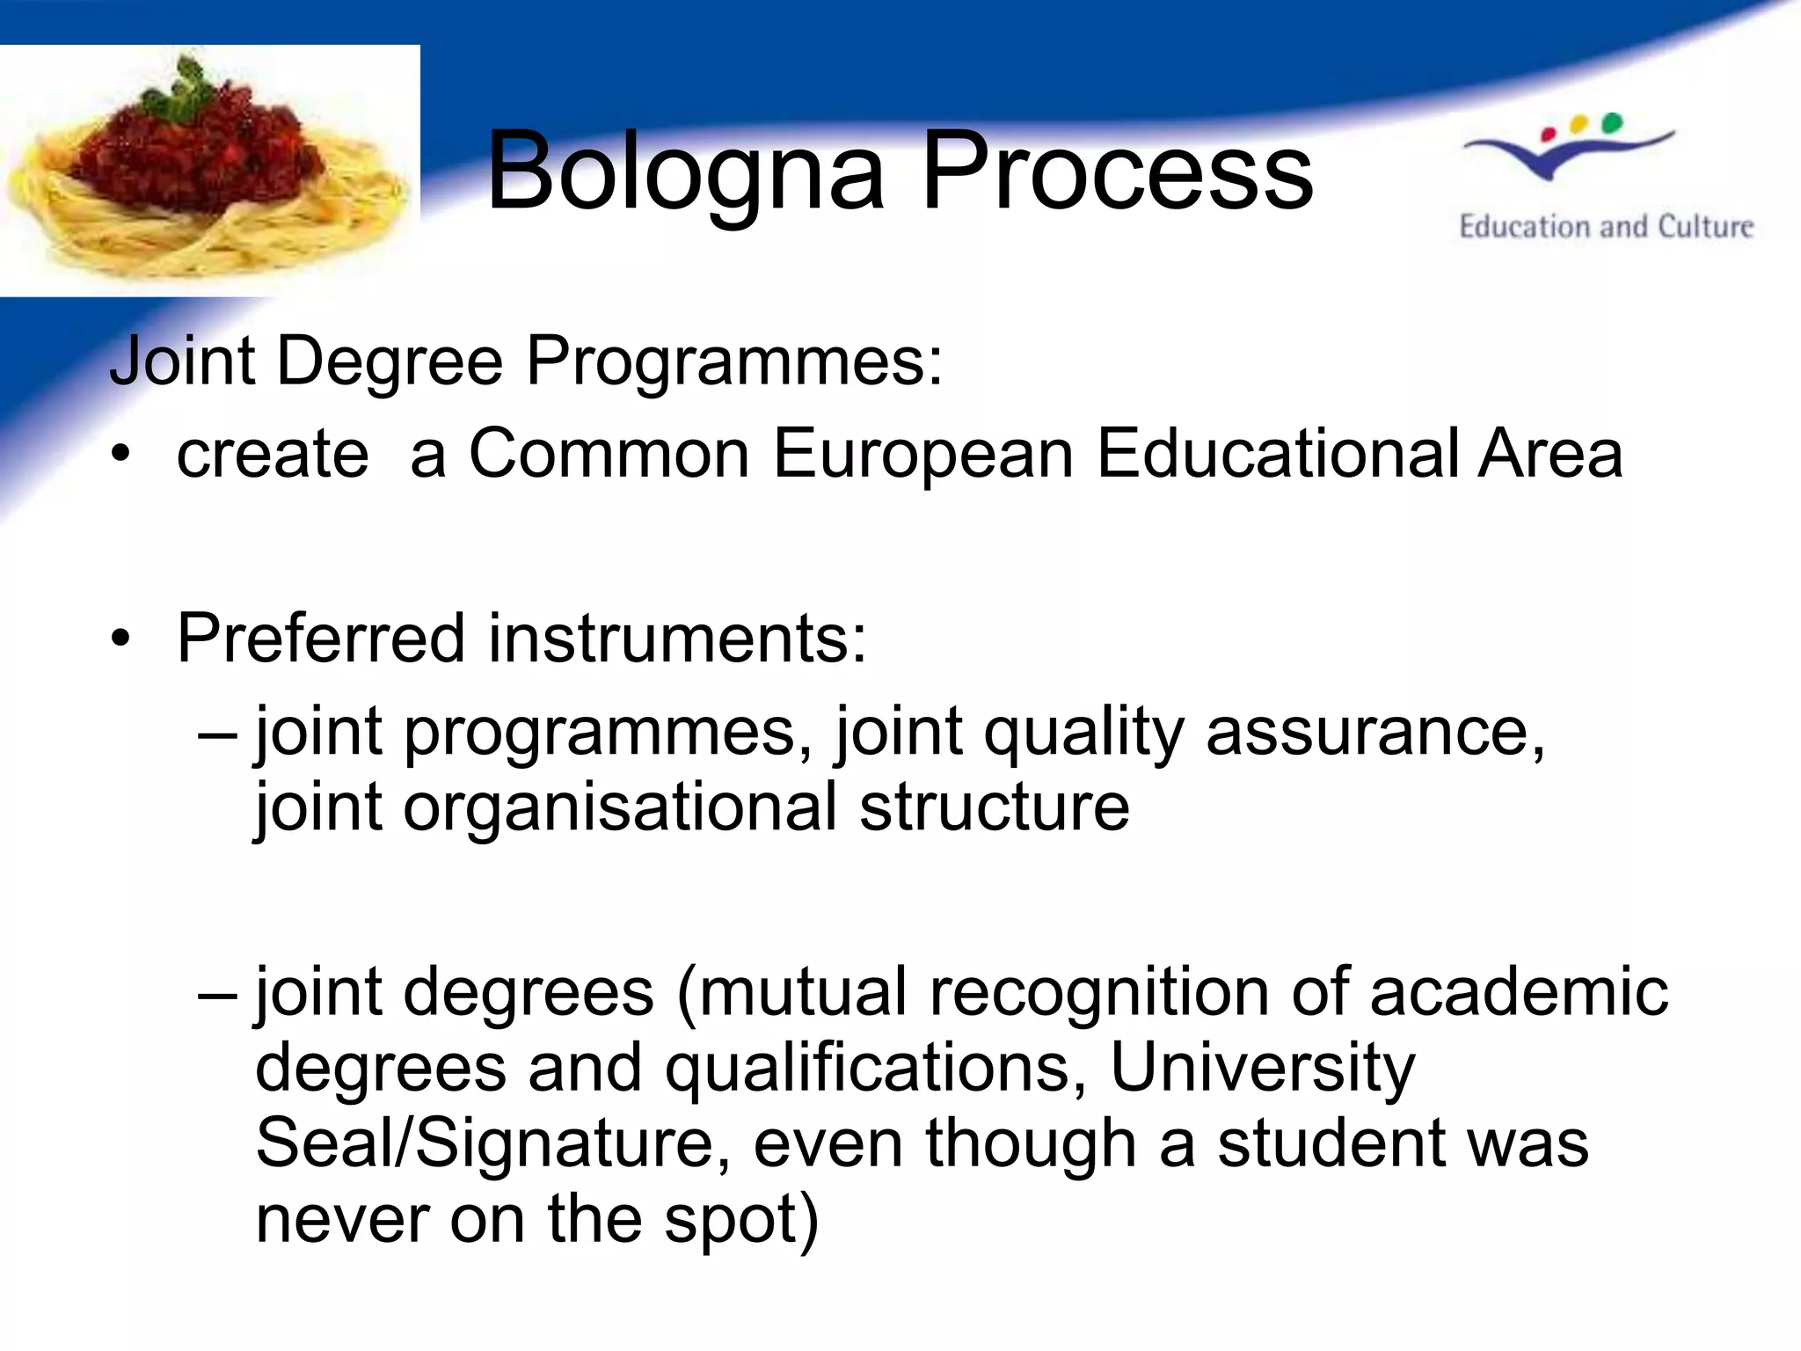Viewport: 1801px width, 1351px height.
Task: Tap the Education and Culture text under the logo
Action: click(x=1606, y=227)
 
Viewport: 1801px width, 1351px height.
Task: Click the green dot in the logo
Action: click(x=1611, y=122)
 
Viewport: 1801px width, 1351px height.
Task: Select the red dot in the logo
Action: click(x=1549, y=135)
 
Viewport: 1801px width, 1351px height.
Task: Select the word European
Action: click(x=923, y=455)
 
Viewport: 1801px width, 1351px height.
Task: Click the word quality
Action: click(x=1083, y=733)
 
